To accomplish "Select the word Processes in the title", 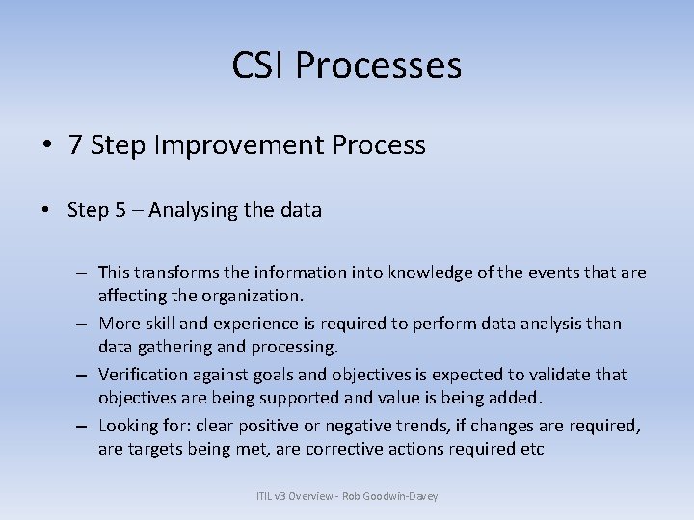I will pos(379,65).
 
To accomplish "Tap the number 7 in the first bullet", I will pos(75,145).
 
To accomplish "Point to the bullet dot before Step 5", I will pos(46,210).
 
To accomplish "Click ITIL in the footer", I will pos(265,496).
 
